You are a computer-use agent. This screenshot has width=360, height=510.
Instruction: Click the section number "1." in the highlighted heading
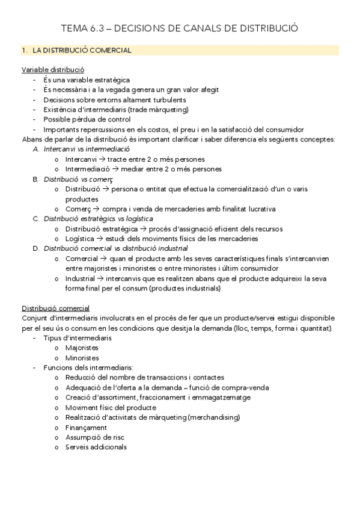(25, 51)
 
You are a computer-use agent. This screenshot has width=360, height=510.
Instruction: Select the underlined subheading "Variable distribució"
(52, 70)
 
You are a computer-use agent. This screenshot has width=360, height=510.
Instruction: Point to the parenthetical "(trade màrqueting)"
(159, 109)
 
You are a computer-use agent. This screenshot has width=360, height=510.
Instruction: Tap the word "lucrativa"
(258, 209)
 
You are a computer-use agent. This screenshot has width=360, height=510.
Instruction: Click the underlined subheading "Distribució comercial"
(55, 308)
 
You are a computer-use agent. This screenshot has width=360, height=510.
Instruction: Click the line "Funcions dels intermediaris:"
(88, 367)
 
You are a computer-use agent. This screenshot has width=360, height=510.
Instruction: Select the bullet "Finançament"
(86, 427)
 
